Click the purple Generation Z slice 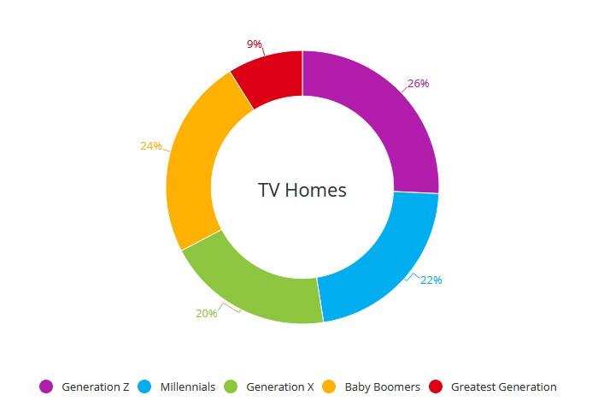[389, 115]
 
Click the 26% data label [419, 83]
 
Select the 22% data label [431, 280]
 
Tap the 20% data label [207, 314]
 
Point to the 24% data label [151, 145]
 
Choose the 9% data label [255, 44]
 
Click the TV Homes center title [302, 190]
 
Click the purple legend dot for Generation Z [46, 386]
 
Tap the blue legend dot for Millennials [145, 386]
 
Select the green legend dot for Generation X [231, 386]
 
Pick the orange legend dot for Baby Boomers [329, 386]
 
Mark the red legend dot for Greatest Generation [436, 386]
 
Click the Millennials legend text [188, 386]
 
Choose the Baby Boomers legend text [383, 386]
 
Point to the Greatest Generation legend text [504, 386]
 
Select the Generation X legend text [280, 386]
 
